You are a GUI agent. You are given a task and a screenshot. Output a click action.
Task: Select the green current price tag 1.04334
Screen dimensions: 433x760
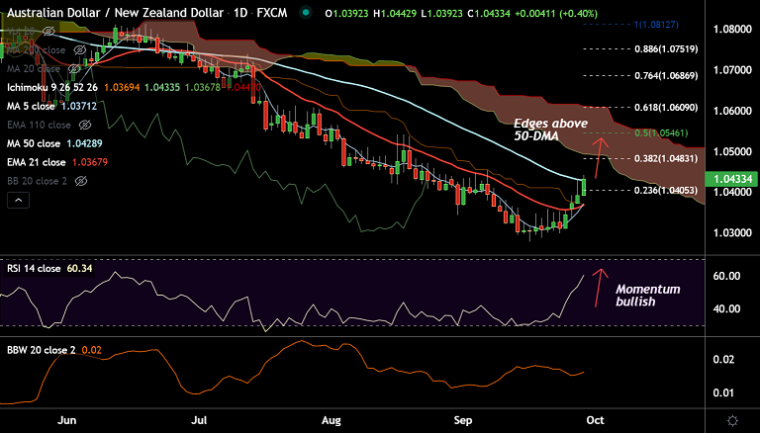click(x=731, y=178)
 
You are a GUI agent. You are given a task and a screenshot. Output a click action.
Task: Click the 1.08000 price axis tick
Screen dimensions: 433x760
click(x=731, y=30)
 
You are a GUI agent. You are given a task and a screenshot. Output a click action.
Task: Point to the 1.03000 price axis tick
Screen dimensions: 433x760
click(x=731, y=233)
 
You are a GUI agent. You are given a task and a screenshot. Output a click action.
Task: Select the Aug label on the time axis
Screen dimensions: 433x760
click(x=332, y=419)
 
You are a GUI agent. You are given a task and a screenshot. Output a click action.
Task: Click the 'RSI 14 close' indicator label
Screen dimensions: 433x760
click(x=41, y=268)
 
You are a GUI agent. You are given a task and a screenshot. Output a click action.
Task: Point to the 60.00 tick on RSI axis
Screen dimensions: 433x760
click(x=730, y=276)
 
